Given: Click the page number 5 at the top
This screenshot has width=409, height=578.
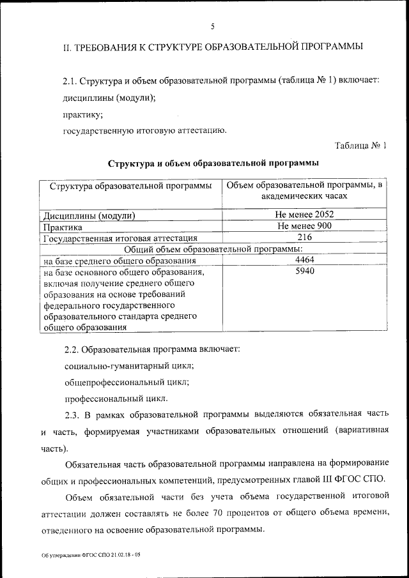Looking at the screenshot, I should click(x=212, y=26).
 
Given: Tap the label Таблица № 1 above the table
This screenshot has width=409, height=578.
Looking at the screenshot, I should click(x=361, y=146).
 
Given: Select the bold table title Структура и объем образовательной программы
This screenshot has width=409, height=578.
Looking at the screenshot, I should click(x=213, y=164).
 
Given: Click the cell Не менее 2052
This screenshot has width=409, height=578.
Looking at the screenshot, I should click(x=305, y=215).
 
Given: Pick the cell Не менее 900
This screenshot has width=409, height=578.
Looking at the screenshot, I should click(x=305, y=226).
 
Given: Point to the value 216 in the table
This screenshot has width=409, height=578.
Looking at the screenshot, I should click(x=305, y=238).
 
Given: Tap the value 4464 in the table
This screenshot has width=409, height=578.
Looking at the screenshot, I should click(x=305, y=261).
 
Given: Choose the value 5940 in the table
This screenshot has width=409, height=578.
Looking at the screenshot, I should click(x=305, y=272).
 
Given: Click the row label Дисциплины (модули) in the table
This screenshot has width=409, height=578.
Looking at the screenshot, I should click(x=89, y=215).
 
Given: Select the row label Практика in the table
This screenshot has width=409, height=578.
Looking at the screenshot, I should click(x=63, y=227).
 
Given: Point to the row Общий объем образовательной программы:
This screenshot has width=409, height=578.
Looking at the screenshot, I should click(x=213, y=249).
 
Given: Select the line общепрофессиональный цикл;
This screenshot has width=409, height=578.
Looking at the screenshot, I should click(x=127, y=383).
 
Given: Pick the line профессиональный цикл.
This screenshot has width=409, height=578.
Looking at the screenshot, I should click(x=107, y=400).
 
